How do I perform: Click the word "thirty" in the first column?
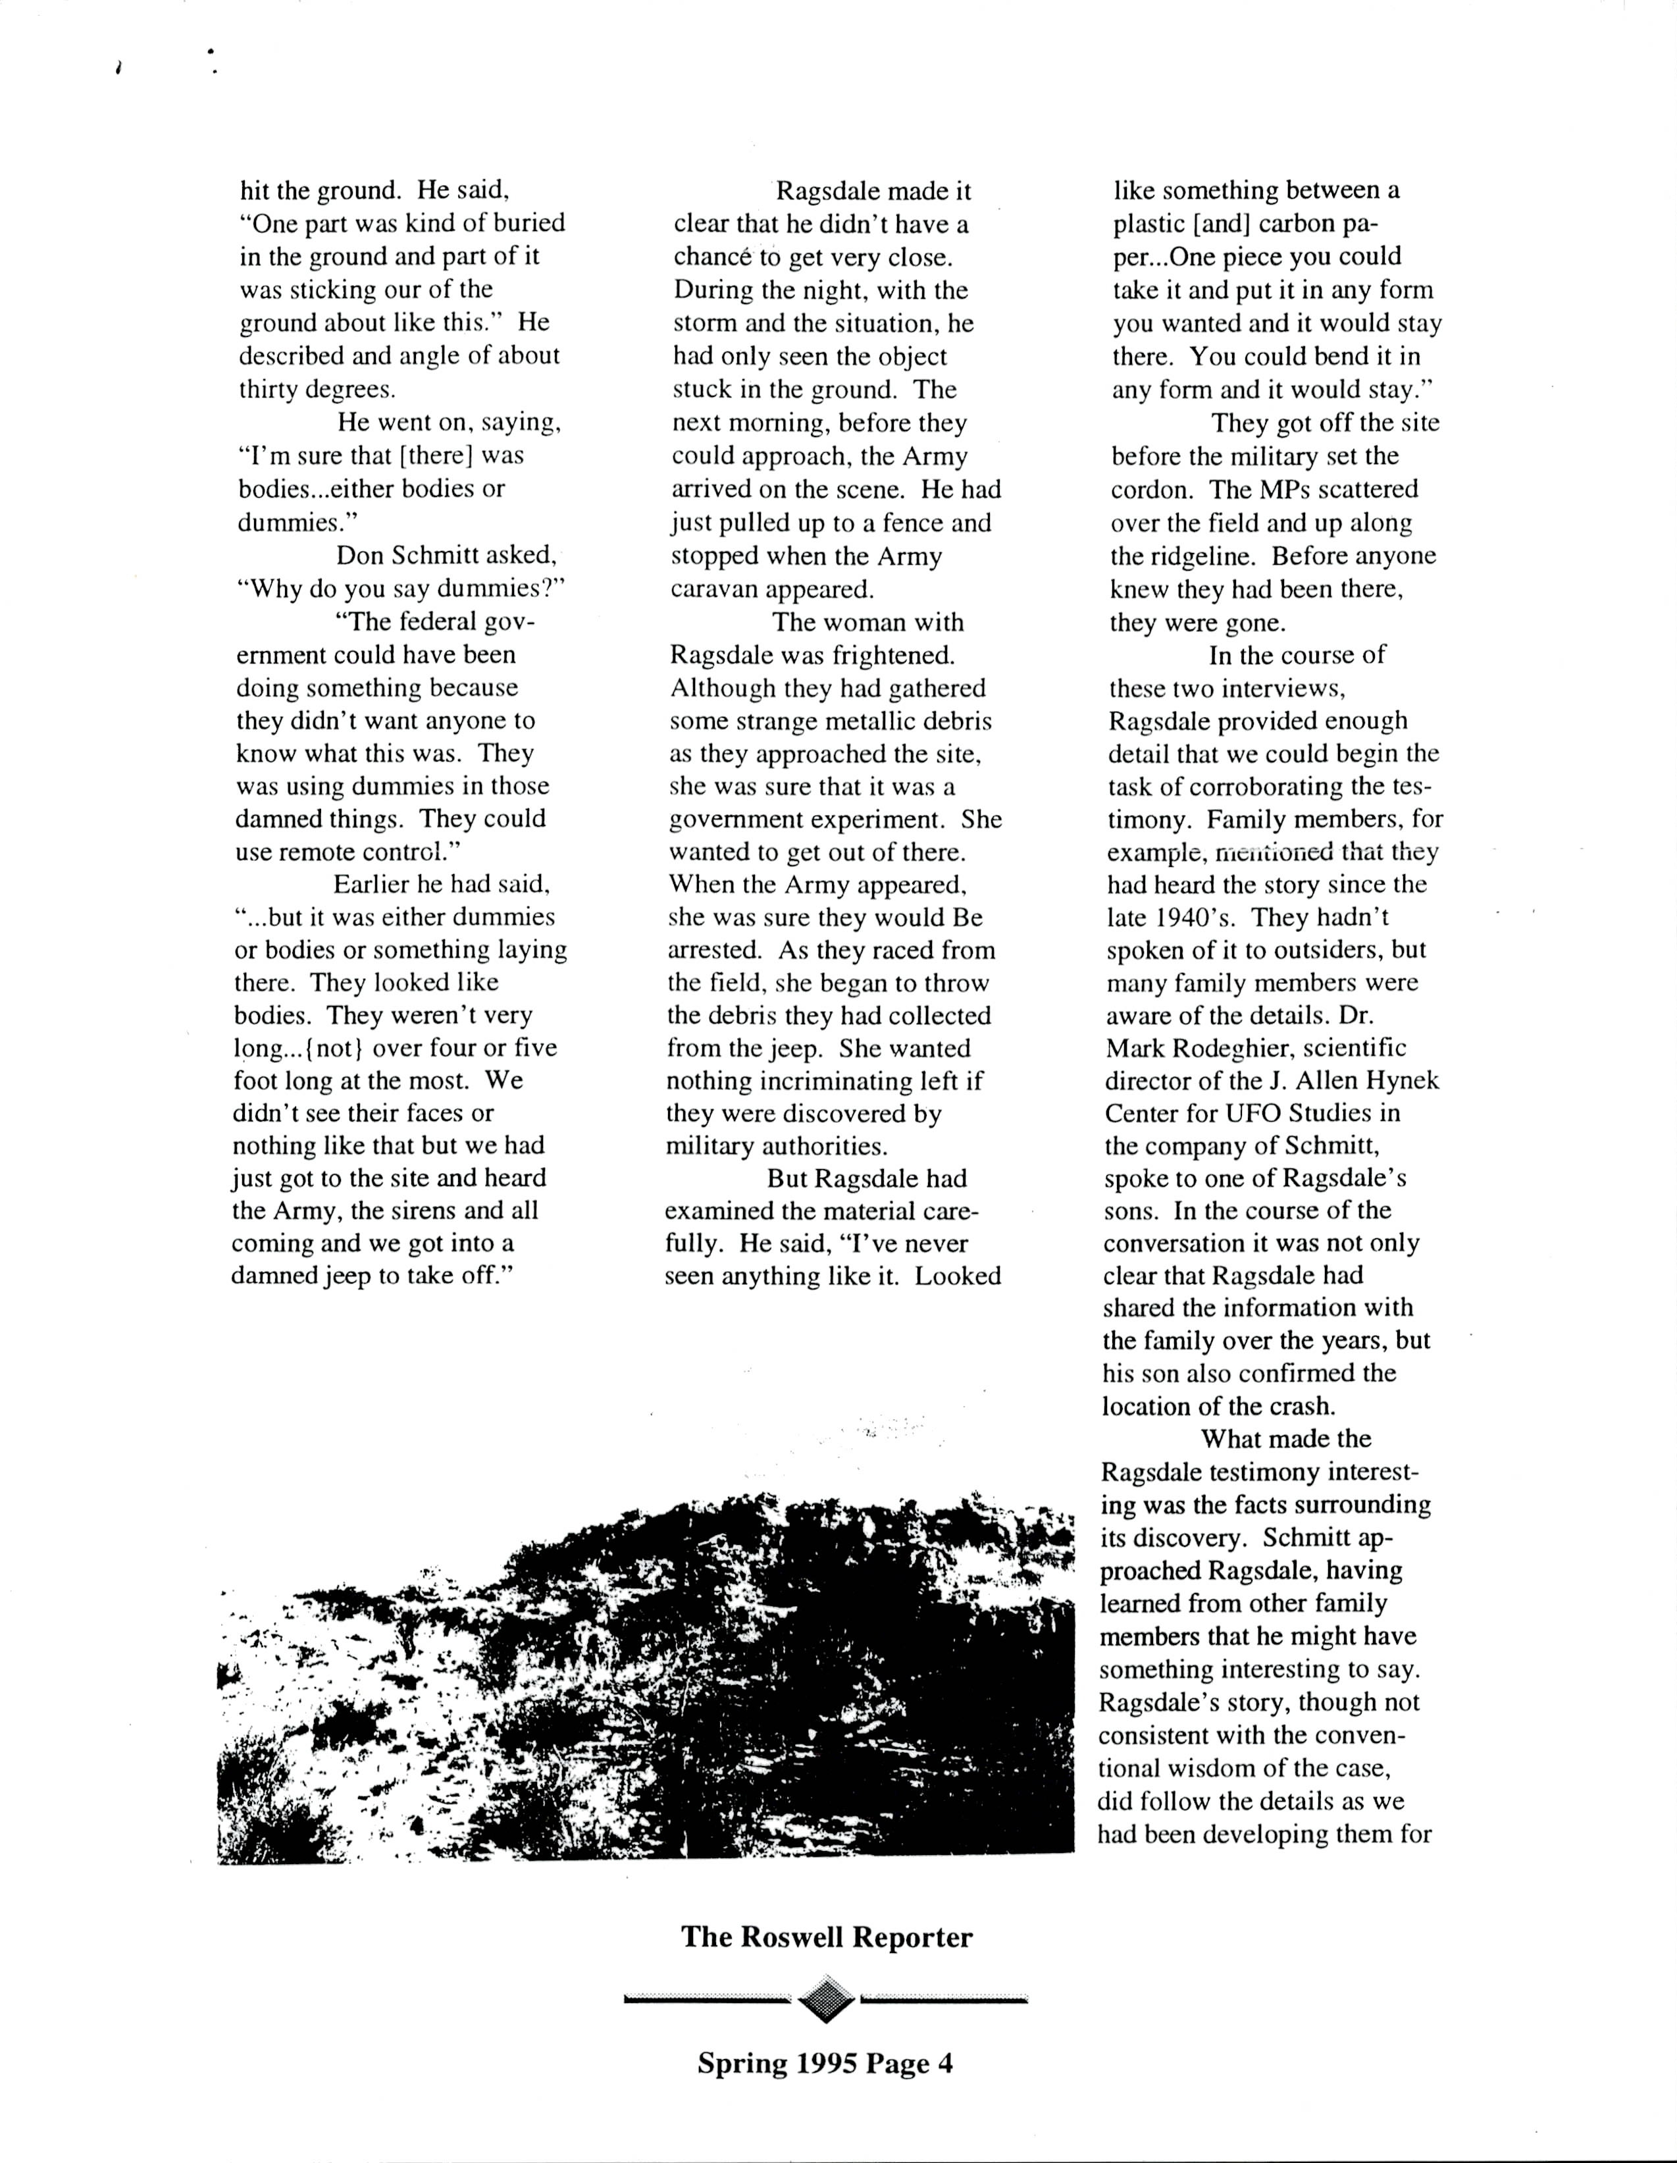pyautogui.click(x=267, y=389)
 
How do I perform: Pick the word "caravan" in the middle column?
pyautogui.click(x=714, y=589)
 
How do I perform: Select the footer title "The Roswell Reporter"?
pyautogui.click(x=826, y=1937)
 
